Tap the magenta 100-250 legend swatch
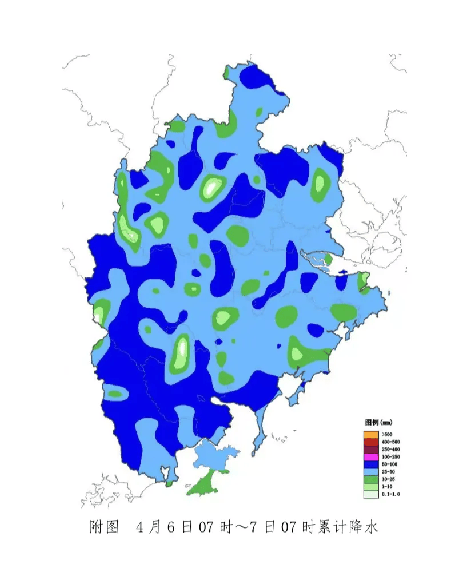(x=370, y=457)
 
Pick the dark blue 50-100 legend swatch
(x=370, y=464)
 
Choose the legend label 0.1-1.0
(x=390, y=494)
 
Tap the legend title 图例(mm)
(x=378, y=422)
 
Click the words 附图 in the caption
(x=104, y=527)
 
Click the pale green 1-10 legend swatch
(x=370, y=486)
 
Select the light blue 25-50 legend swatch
(x=370, y=472)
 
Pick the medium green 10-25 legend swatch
(x=370, y=479)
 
